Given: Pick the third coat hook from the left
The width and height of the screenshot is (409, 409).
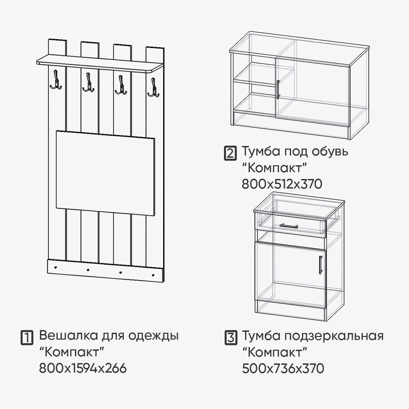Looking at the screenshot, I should (x=121, y=85).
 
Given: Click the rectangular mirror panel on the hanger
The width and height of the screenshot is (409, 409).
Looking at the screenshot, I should (x=105, y=173).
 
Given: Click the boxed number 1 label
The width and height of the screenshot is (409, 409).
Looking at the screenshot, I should (x=27, y=338).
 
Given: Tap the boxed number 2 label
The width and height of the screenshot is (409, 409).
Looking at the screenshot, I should (x=230, y=153).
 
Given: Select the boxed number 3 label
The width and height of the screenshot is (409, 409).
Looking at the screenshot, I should (x=230, y=338).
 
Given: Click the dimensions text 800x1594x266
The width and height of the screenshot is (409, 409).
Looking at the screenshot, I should (x=83, y=368).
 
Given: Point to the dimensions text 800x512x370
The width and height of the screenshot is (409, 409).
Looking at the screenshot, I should (x=282, y=184).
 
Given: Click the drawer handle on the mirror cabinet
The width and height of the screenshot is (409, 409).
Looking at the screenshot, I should (x=289, y=225).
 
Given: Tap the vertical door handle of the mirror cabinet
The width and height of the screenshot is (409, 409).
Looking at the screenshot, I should (x=321, y=264).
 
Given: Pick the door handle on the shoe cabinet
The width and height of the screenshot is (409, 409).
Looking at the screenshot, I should (x=278, y=89).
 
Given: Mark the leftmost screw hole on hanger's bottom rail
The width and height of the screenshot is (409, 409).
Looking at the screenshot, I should (x=56, y=267).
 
